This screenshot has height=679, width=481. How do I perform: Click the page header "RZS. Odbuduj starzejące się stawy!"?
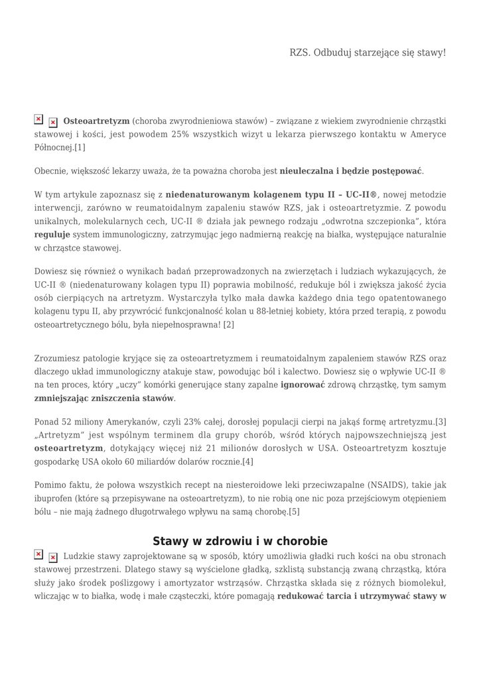(368, 52)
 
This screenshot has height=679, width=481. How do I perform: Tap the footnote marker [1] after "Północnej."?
(80, 147)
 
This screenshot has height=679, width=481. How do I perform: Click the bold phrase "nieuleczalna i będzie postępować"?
(351, 171)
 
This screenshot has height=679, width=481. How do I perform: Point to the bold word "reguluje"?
(52, 234)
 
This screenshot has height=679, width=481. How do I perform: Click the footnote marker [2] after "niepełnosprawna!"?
(229, 324)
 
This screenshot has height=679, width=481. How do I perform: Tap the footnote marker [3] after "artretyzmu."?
(441, 422)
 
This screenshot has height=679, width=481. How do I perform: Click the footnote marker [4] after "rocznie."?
(247, 461)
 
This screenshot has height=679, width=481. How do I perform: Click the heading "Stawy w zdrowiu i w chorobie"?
(240, 541)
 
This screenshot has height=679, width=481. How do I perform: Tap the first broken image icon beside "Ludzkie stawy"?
(38, 554)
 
